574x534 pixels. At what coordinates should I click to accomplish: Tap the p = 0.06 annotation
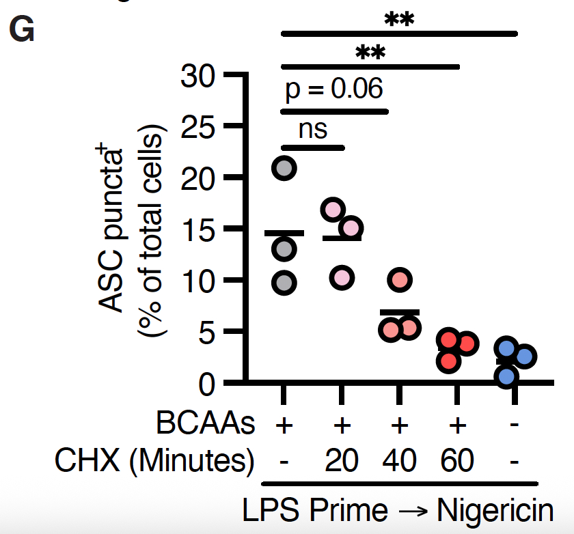[x=334, y=89]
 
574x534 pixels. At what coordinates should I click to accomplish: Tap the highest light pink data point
[x=333, y=210]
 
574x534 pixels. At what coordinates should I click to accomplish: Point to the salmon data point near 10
[x=400, y=280]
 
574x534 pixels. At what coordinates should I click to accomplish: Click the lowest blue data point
[x=506, y=375]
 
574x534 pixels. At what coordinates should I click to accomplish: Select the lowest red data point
[x=448, y=362]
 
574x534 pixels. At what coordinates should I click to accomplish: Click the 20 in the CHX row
[x=342, y=462]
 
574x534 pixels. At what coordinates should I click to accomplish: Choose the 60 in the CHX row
[x=457, y=462]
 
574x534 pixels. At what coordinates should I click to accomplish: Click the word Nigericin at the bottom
[x=494, y=511]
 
